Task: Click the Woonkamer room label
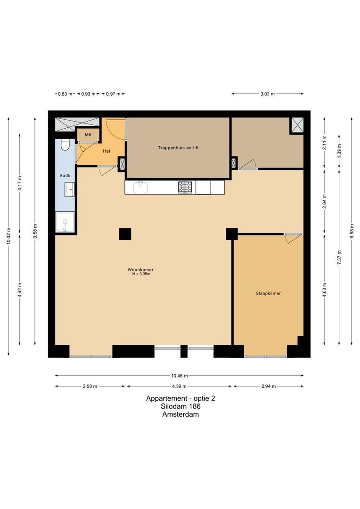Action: tap(140, 270)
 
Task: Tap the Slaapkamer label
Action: tap(268, 293)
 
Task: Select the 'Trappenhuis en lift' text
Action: tap(178, 148)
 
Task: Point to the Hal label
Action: tap(106, 151)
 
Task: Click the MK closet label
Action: tap(88, 135)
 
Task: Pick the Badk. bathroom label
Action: tap(65, 176)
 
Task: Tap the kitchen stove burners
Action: tap(186, 187)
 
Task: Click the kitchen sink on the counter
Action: tap(140, 187)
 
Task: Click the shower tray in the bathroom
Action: tap(65, 222)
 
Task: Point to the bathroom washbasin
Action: tap(69, 189)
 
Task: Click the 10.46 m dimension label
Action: tap(180, 376)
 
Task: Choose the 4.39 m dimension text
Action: tap(180, 386)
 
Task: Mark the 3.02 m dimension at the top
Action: tap(268, 94)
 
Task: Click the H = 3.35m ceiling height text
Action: tap(140, 274)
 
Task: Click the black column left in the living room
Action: tap(125, 234)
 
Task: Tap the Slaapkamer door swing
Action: tap(292, 238)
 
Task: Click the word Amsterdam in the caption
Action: tap(180, 415)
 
